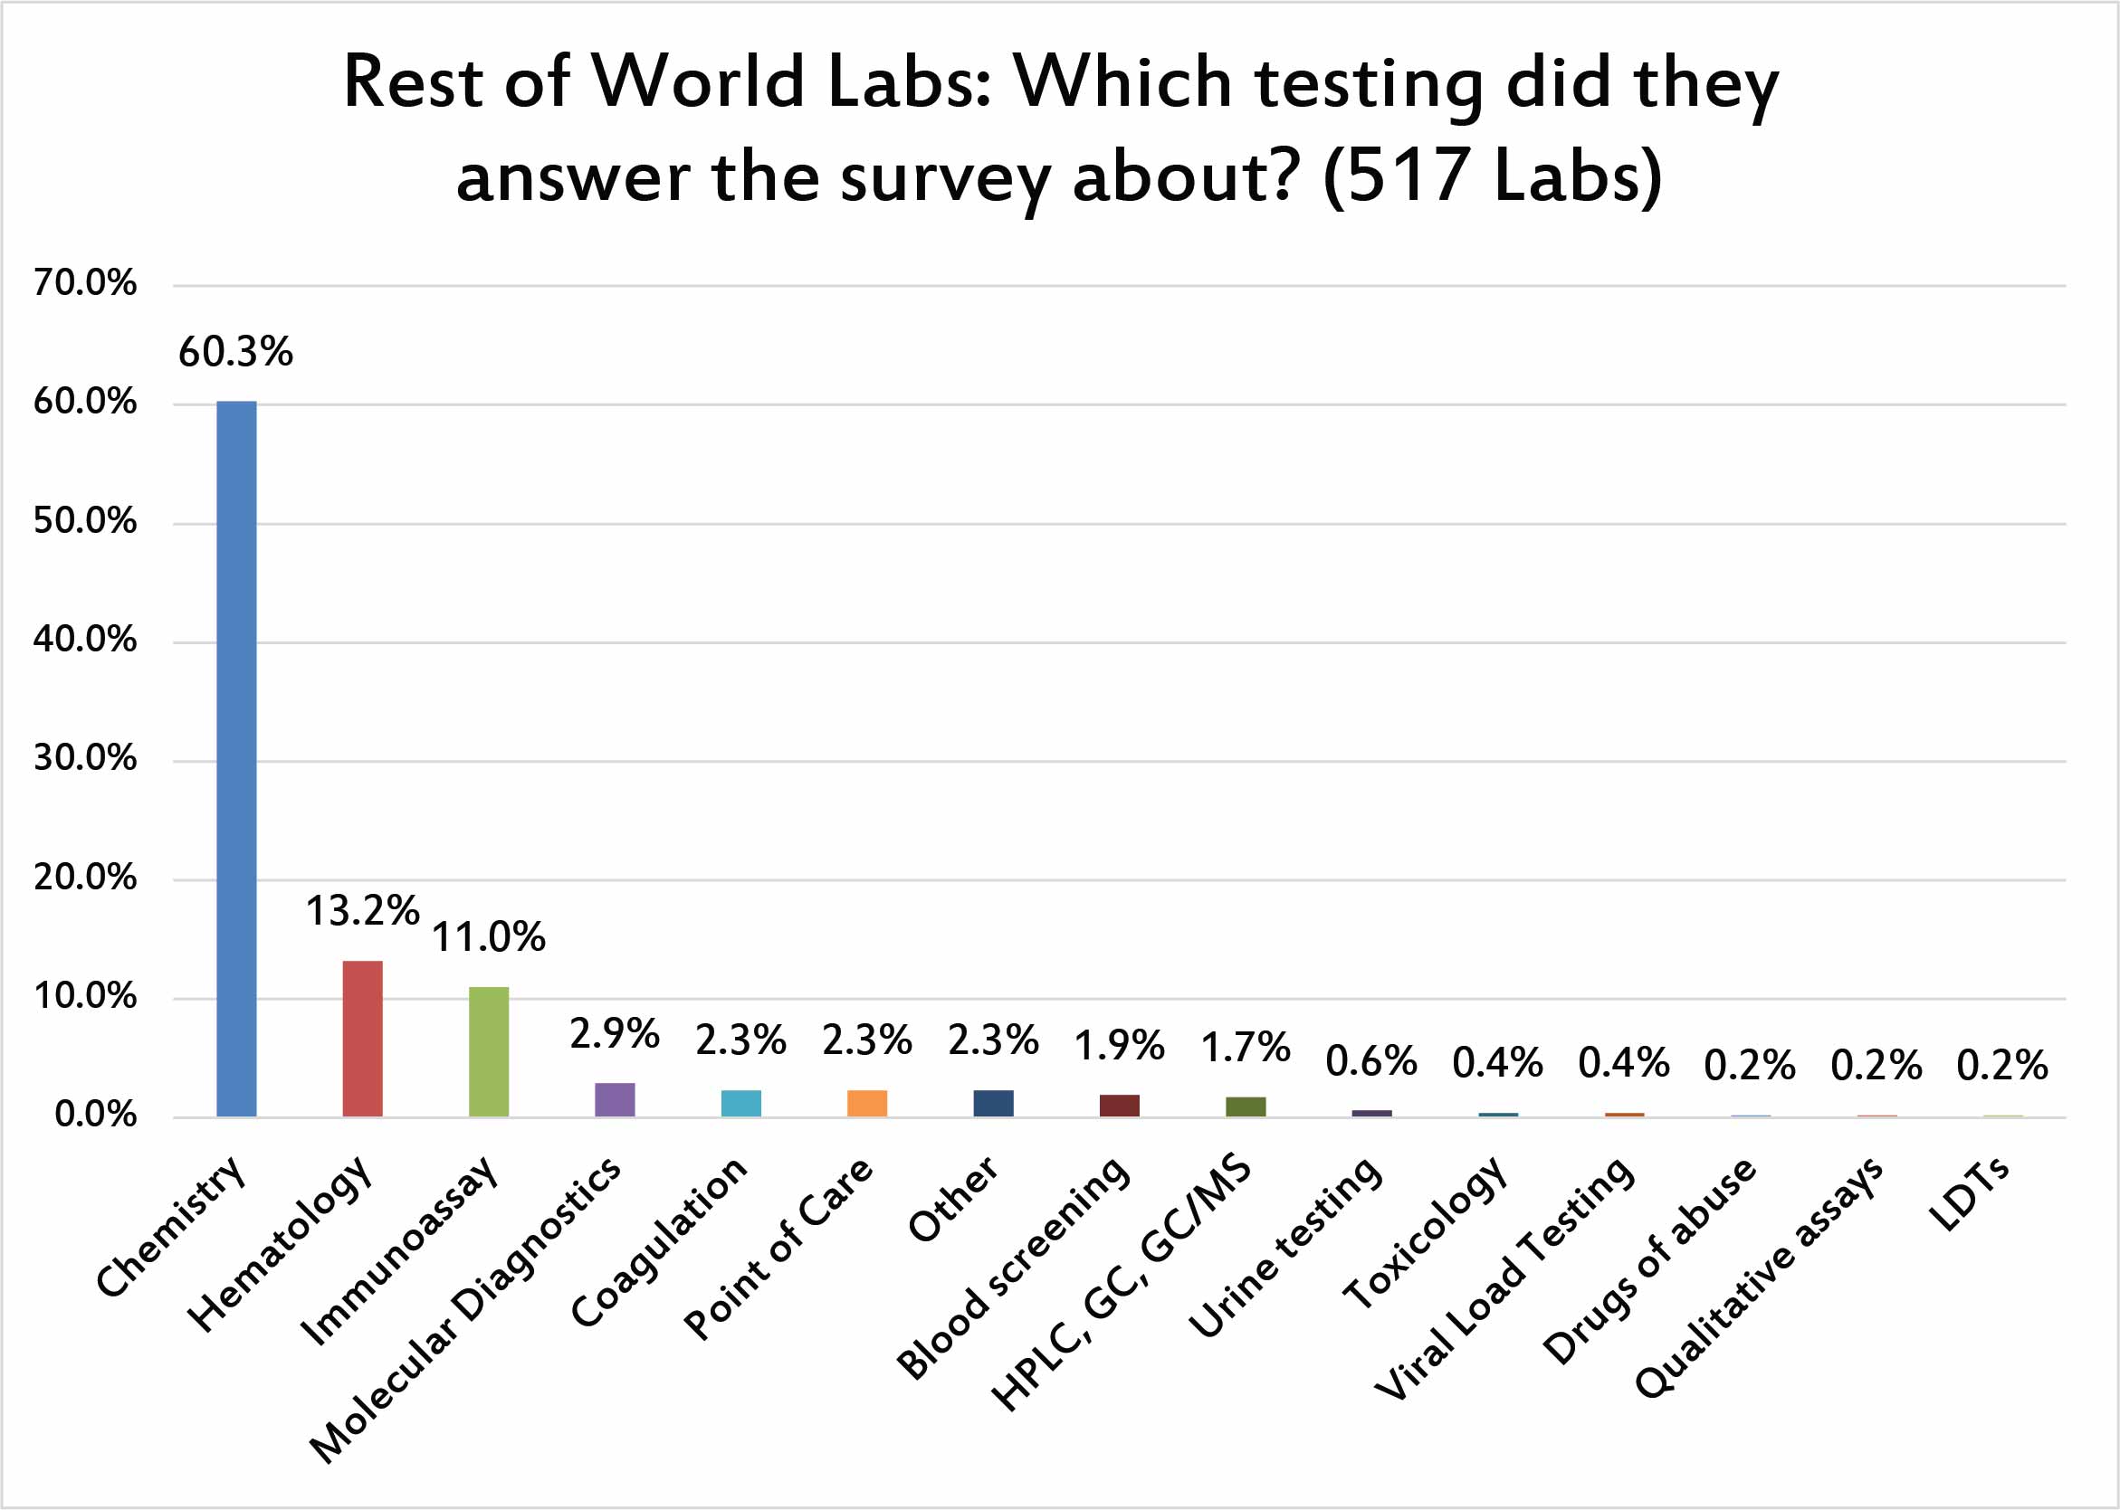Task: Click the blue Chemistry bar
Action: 236,758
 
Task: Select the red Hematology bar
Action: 362,1038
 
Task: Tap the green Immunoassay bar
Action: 489,1050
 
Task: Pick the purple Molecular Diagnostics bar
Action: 614,1099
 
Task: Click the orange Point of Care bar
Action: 866,1103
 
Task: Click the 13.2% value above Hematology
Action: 362,911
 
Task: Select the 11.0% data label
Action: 489,937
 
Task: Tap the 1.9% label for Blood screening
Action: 1119,1046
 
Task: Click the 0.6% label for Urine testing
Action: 1371,1061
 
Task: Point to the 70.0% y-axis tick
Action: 85,282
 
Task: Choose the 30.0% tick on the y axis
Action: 85,759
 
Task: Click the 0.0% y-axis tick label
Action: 95,1115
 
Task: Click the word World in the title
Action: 699,81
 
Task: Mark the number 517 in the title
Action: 1407,176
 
